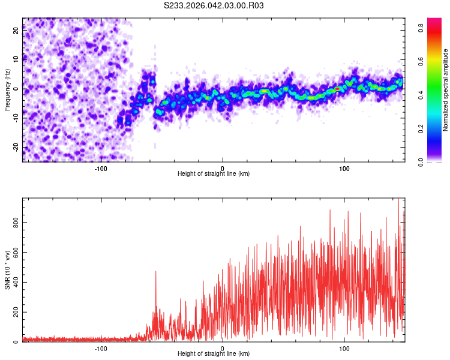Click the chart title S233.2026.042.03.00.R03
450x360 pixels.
214,5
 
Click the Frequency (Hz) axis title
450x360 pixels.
7,90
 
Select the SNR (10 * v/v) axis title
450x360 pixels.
7,270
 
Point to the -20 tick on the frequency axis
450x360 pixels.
16,147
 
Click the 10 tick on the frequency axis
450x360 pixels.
16,59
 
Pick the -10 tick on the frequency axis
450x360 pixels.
16,118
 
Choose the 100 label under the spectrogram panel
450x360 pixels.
344,168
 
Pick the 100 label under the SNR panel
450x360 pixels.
344,348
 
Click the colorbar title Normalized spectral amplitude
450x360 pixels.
446,90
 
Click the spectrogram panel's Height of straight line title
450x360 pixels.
214,174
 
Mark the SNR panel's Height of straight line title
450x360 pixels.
214,354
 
